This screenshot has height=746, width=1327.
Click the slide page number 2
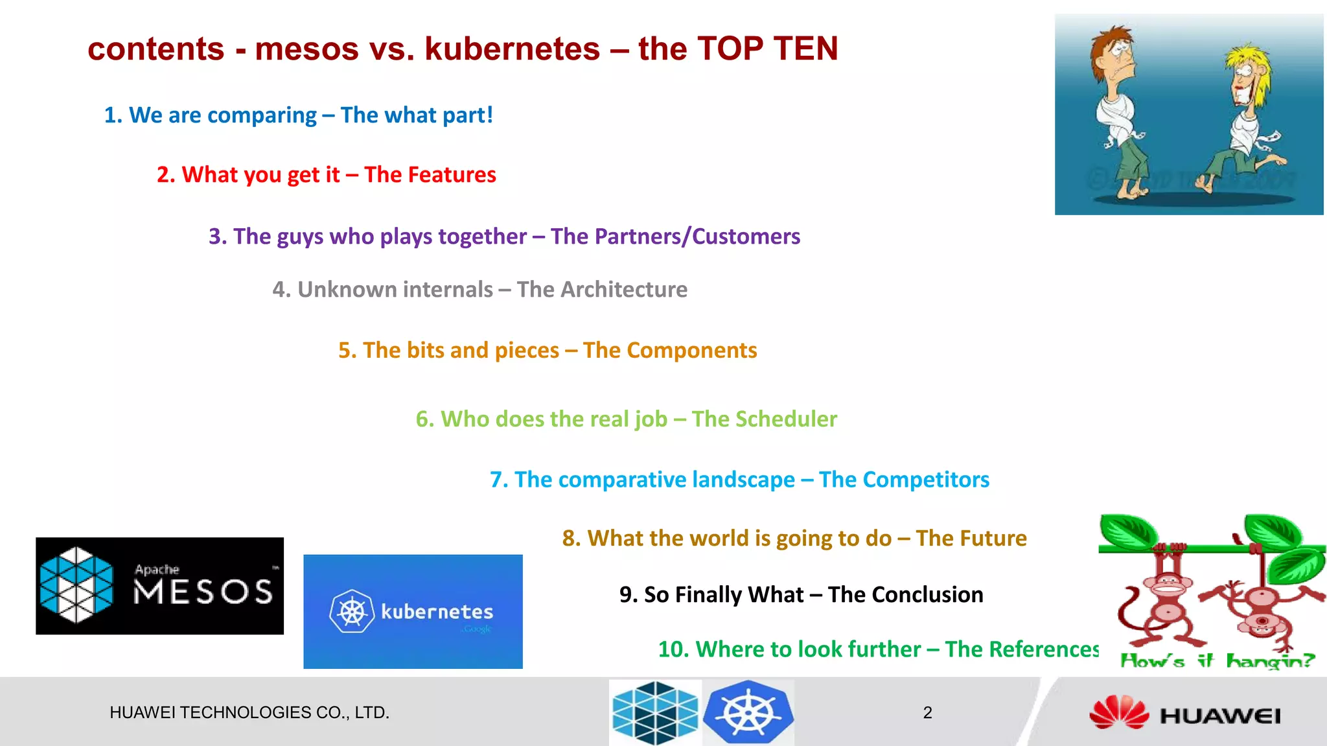[927, 713]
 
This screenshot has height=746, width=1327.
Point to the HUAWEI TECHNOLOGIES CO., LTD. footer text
[249, 713]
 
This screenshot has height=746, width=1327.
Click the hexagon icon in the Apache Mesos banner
[76, 585]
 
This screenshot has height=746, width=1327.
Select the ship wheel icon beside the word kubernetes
[352, 611]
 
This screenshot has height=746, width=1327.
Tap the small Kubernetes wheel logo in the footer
[748, 712]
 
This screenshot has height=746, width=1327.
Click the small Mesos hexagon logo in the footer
[655, 712]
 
